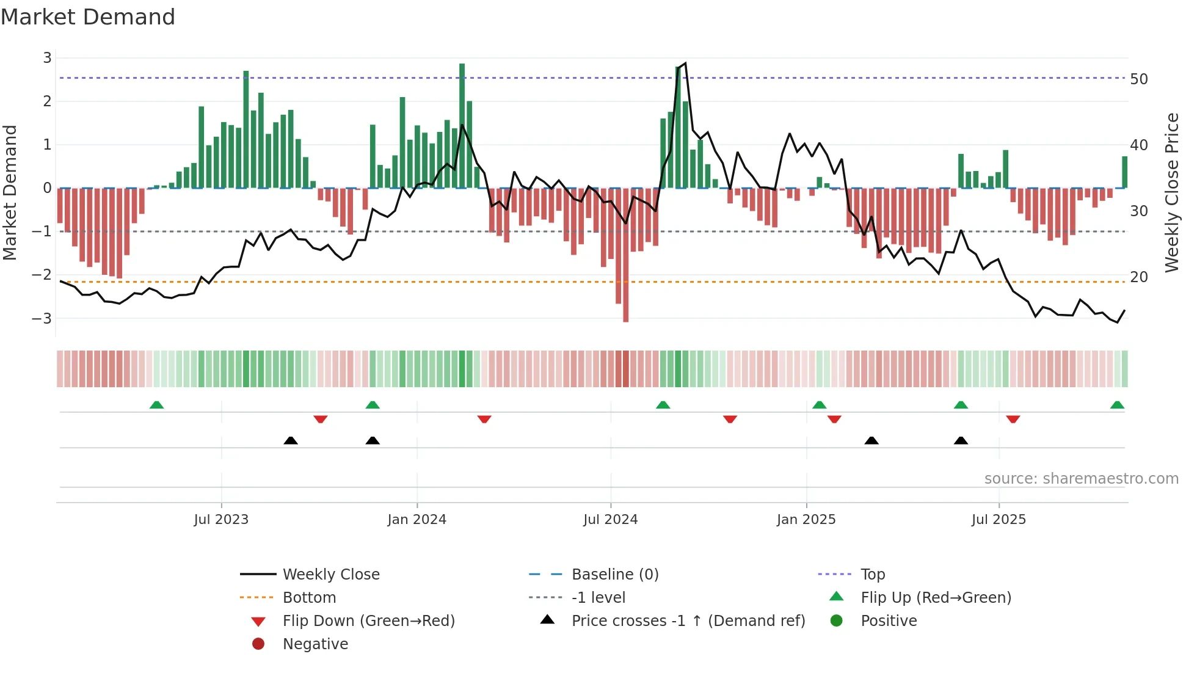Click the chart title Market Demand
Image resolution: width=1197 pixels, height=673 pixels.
tap(88, 17)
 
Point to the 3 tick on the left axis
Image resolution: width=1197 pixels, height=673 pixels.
tap(47, 58)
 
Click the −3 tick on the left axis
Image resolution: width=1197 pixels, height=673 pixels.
tap(42, 318)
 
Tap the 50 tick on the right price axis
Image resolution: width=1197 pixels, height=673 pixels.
tap(1139, 79)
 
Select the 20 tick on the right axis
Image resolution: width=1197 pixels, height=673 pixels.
tap(1139, 277)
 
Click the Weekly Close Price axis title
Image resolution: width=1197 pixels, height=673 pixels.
tap(1171, 192)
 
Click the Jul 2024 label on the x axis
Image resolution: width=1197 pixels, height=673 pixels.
tap(610, 520)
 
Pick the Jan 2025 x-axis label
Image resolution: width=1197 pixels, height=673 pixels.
tap(806, 520)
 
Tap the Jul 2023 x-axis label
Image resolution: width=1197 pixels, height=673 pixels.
tap(221, 520)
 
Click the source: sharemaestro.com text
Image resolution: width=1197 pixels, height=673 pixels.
tap(1081, 479)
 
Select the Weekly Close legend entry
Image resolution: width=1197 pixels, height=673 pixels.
tap(331, 575)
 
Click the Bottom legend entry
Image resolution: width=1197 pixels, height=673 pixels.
tap(309, 598)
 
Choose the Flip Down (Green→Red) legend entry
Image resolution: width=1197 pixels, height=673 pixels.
tap(368, 621)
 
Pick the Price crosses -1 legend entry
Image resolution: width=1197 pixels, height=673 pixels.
tap(688, 621)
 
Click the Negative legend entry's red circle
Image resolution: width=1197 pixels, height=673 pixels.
tap(258, 644)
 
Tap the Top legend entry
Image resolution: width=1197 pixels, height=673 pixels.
tap(873, 575)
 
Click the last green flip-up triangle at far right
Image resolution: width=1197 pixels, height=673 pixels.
tap(1117, 406)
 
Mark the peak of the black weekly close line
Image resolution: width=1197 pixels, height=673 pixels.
tap(685, 64)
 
